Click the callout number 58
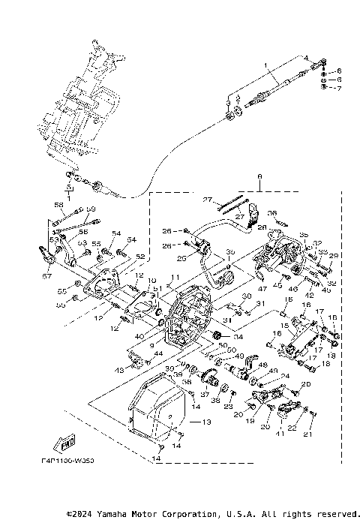58,204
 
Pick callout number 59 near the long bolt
92,208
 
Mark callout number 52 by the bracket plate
139,256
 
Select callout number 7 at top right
338,89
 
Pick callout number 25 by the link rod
181,259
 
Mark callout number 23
229,405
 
